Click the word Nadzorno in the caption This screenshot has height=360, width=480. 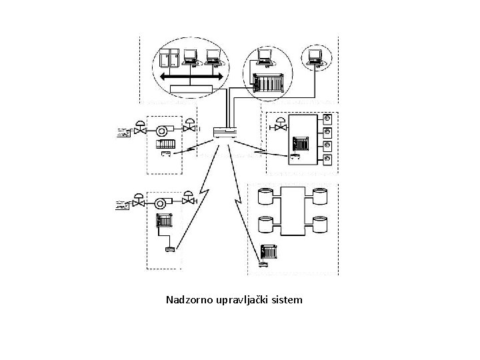coord(189,300)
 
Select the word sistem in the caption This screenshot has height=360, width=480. coord(287,300)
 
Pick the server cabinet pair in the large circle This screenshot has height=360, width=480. coord(166,59)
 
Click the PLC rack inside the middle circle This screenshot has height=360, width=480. coord(269,83)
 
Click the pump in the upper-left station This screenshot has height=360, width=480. coord(162,129)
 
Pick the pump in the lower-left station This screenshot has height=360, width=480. coord(162,203)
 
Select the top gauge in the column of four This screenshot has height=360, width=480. coord(327,119)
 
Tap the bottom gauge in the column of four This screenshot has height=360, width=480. coord(327,160)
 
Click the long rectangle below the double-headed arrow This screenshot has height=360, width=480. coord(190,89)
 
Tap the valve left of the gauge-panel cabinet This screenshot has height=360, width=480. coord(281,125)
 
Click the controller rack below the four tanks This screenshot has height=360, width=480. coord(269,253)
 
